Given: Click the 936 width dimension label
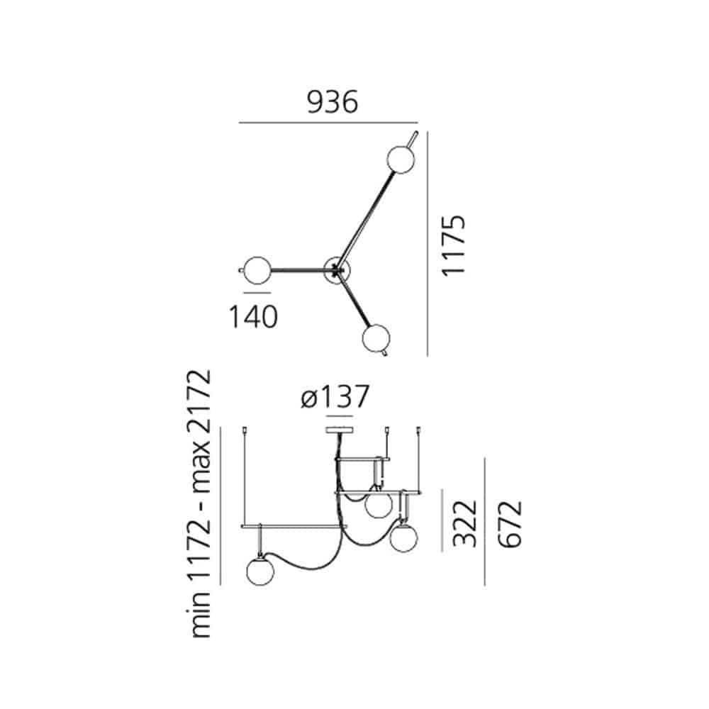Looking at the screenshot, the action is point(333,102).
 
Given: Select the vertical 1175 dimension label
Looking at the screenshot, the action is point(453,245).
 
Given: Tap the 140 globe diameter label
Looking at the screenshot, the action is point(253,316).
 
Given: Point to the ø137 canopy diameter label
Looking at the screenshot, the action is point(335,396).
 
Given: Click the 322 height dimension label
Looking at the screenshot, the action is point(465,523).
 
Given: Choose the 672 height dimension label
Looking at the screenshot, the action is point(510,524).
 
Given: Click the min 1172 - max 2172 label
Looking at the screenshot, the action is point(199,503).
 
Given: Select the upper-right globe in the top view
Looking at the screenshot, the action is point(401,159).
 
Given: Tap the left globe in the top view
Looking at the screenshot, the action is point(257,270).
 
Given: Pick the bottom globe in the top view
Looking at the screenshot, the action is point(376,338).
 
